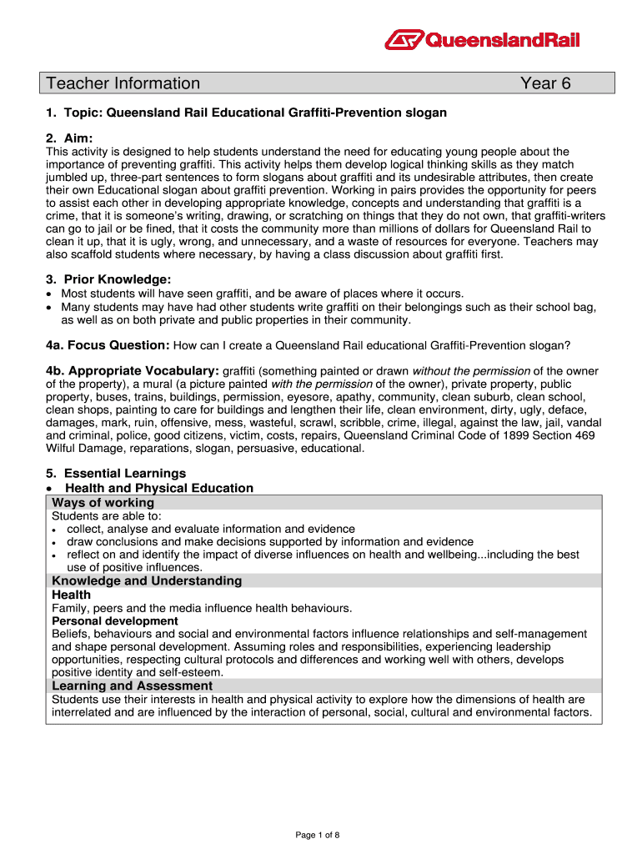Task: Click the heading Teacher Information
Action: [x=123, y=83]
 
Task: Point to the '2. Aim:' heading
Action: [x=69, y=138]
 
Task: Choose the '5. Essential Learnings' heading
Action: [x=116, y=474]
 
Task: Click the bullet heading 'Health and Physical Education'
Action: [x=158, y=488]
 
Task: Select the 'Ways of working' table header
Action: [x=103, y=502]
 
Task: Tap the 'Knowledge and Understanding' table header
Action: [x=147, y=580]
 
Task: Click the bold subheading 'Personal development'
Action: [x=114, y=621]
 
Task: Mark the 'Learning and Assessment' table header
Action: [x=132, y=686]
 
